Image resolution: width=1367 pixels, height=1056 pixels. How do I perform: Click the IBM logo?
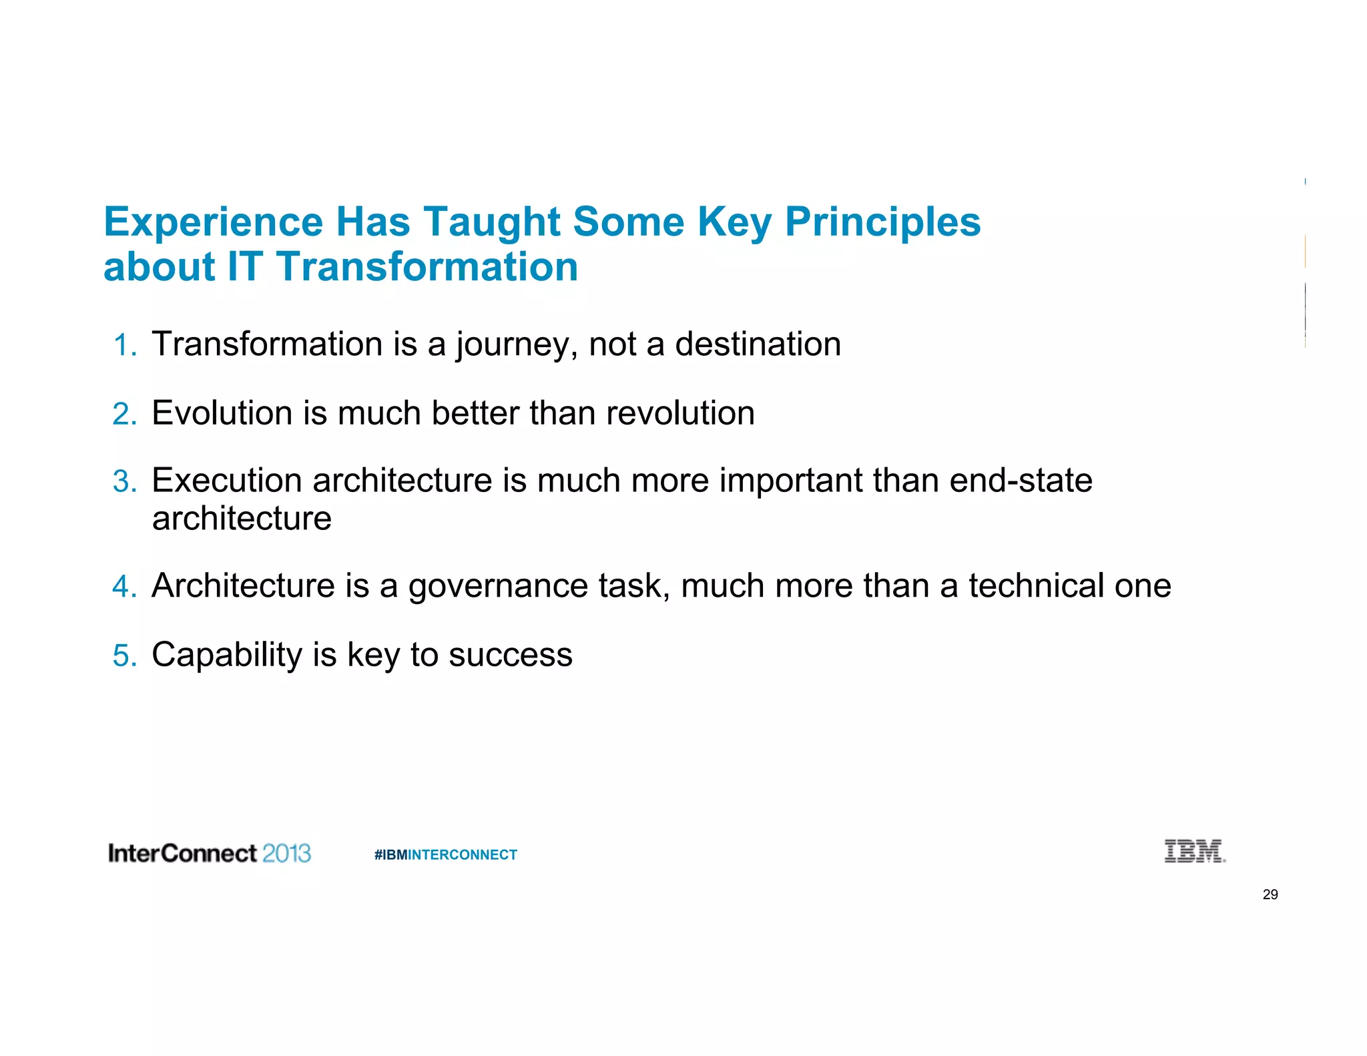(x=1194, y=851)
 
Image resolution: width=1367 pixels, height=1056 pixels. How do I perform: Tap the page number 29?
(x=1270, y=894)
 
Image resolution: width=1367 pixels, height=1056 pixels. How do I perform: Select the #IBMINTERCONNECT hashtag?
(x=445, y=854)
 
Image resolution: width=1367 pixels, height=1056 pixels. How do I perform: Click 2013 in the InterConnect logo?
(x=286, y=853)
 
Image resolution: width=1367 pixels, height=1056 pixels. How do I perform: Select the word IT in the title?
(x=245, y=266)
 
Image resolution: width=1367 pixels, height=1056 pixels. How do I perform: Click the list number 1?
(x=125, y=346)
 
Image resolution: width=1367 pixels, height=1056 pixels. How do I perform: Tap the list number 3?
(x=125, y=482)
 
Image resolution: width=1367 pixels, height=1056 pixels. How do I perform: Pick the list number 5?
(x=125, y=655)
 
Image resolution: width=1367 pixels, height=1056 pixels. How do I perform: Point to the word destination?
(x=758, y=344)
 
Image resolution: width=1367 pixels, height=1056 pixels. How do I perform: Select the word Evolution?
(x=222, y=413)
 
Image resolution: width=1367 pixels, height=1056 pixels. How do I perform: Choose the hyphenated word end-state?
(x=1021, y=481)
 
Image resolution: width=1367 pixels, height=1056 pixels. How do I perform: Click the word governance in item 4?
(x=498, y=586)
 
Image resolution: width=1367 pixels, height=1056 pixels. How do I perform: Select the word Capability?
(x=227, y=655)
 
